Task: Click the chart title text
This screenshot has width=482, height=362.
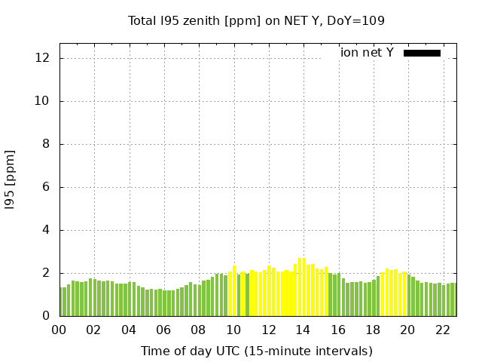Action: tap(256, 21)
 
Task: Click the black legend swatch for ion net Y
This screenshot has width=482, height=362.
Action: tap(422, 53)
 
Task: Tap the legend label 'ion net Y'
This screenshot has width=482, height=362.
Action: tap(367, 53)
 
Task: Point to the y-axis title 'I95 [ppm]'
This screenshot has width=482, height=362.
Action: tap(11, 179)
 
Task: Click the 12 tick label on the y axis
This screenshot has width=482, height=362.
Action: tap(44, 58)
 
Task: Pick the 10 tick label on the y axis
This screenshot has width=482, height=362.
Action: tap(44, 101)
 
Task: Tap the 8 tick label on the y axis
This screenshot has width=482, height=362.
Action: tap(47, 144)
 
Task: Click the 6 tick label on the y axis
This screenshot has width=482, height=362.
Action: tap(47, 187)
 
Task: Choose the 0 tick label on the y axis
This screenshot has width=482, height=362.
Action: tap(47, 316)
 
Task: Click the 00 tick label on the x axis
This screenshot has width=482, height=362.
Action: tap(59, 330)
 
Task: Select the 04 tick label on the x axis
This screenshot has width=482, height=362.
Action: tap(129, 330)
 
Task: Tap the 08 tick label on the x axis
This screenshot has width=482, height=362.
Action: tap(199, 330)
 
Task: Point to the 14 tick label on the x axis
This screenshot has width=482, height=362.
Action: tap(303, 330)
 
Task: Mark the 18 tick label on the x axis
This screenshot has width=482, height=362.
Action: tap(373, 330)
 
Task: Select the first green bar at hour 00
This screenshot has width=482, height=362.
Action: tap(62, 302)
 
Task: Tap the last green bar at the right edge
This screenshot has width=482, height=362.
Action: tap(454, 299)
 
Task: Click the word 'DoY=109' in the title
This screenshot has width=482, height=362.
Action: tap(360, 21)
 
